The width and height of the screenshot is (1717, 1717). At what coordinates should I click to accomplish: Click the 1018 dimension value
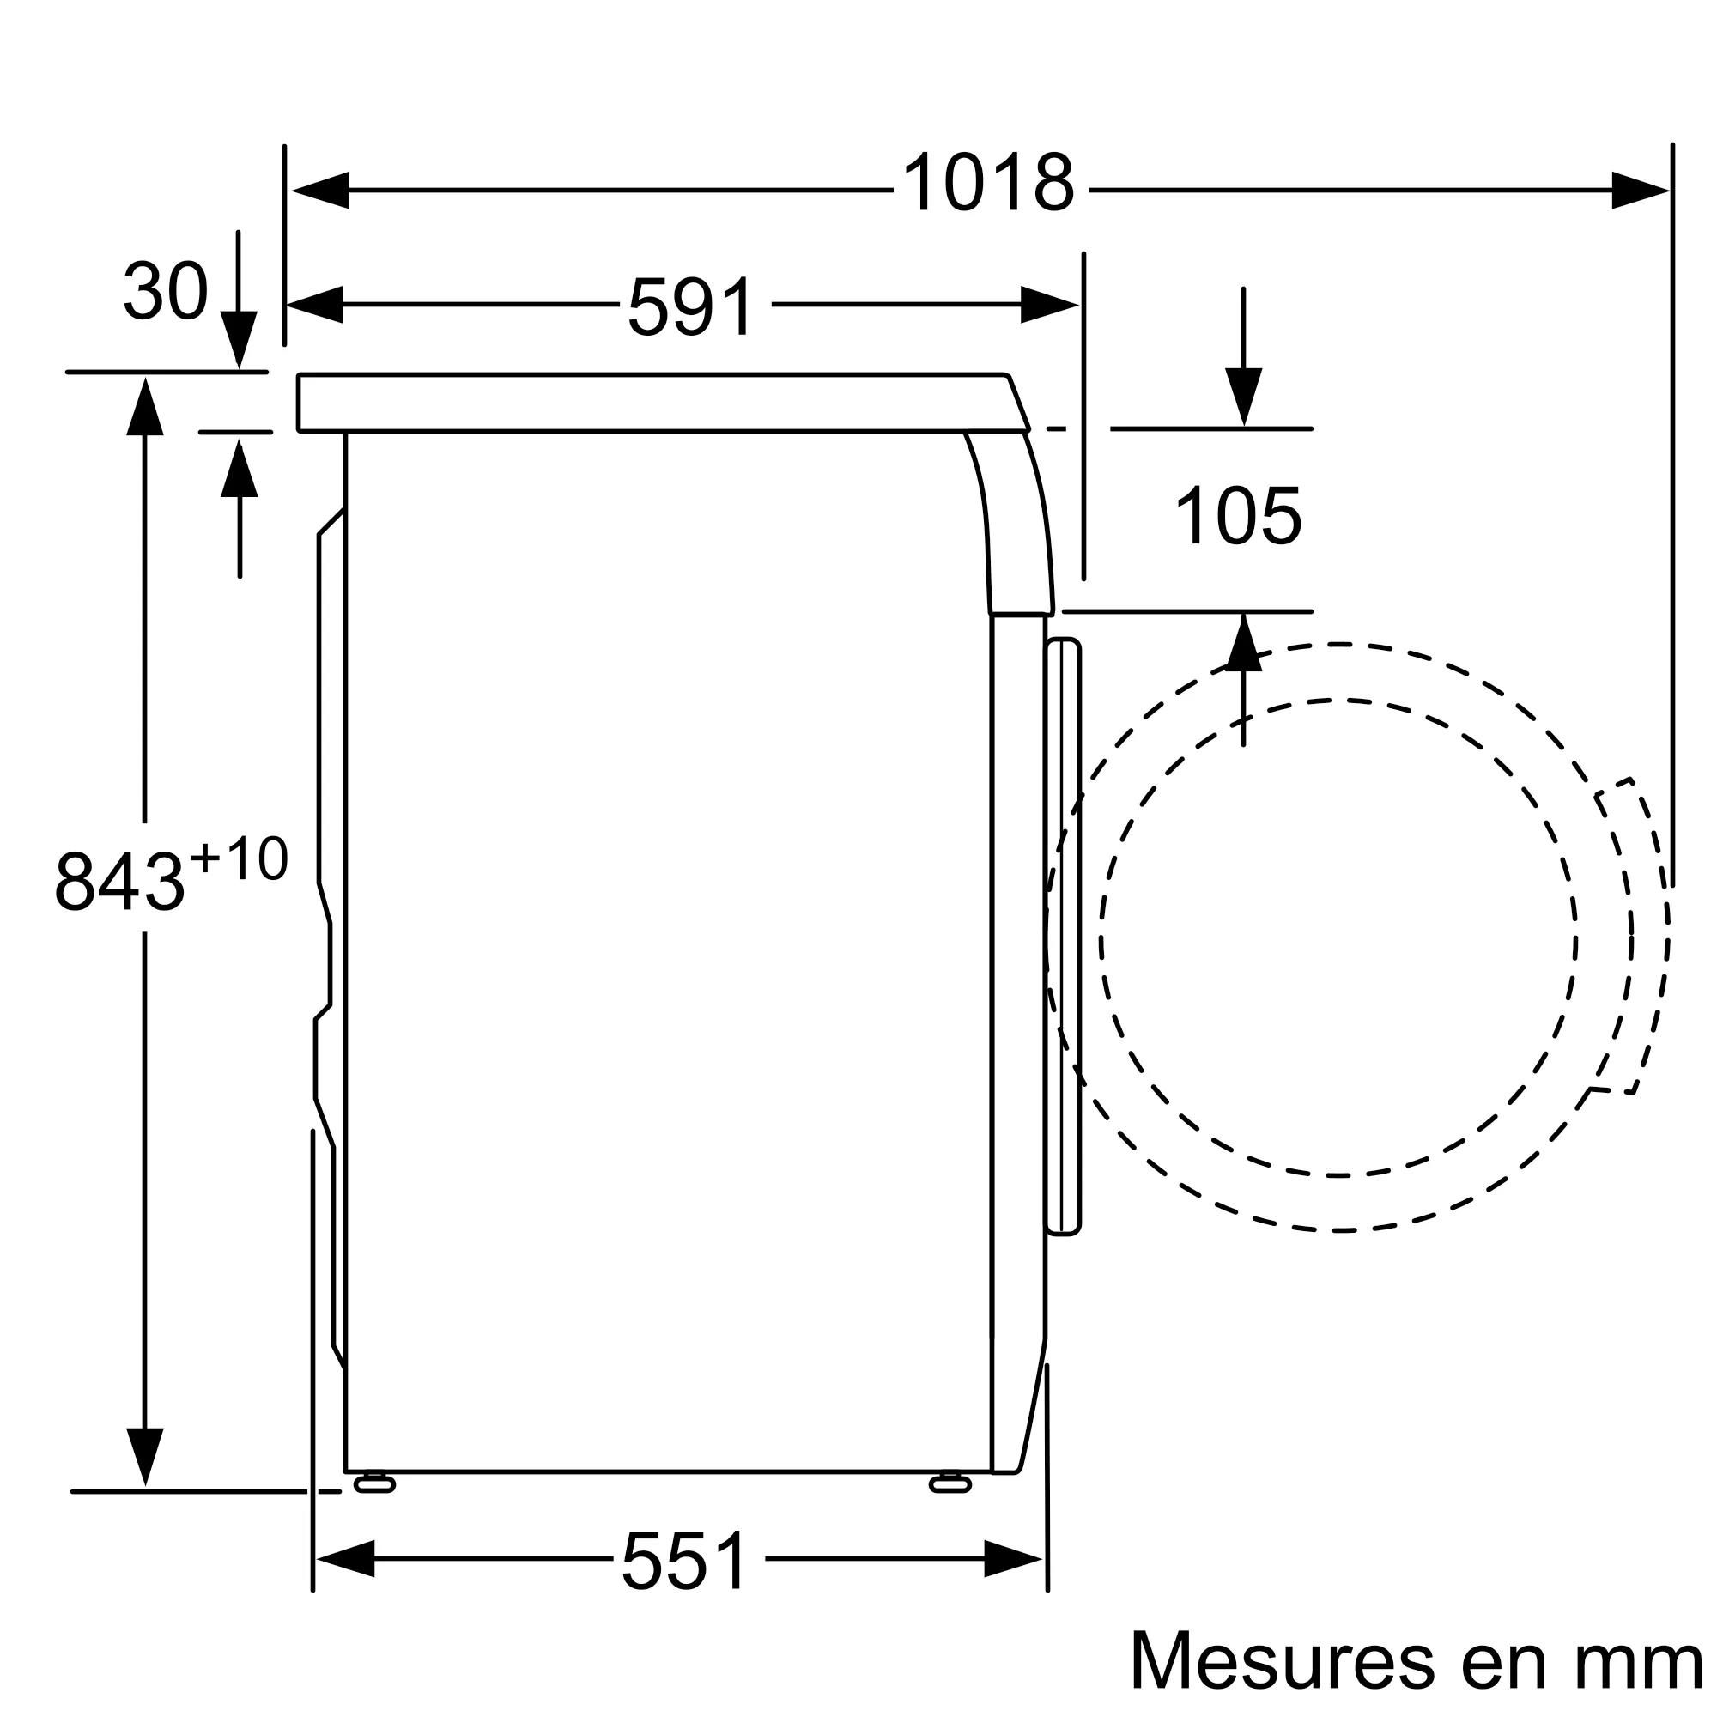click(988, 183)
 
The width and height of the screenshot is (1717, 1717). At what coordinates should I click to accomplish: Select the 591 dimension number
click(691, 306)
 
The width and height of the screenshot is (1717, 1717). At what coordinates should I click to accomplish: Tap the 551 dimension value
click(685, 1562)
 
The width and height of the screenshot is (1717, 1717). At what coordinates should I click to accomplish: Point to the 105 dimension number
click(1238, 516)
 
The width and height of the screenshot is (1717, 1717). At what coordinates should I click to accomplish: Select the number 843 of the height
click(119, 882)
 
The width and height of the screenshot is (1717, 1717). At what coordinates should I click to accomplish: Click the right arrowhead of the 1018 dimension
click(1640, 191)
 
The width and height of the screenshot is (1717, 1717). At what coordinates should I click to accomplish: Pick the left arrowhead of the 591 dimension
click(315, 305)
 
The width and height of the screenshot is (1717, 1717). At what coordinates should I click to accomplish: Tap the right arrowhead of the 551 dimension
click(1012, 1559)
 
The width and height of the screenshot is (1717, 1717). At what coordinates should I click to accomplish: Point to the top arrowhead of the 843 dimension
click(145, 407)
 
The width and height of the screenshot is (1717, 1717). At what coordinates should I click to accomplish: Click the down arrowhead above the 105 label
click(1243, 396)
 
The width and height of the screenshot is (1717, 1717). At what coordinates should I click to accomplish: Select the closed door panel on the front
click(1063, 936)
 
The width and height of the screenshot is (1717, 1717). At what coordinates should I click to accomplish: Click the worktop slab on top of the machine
click(658, 403)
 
